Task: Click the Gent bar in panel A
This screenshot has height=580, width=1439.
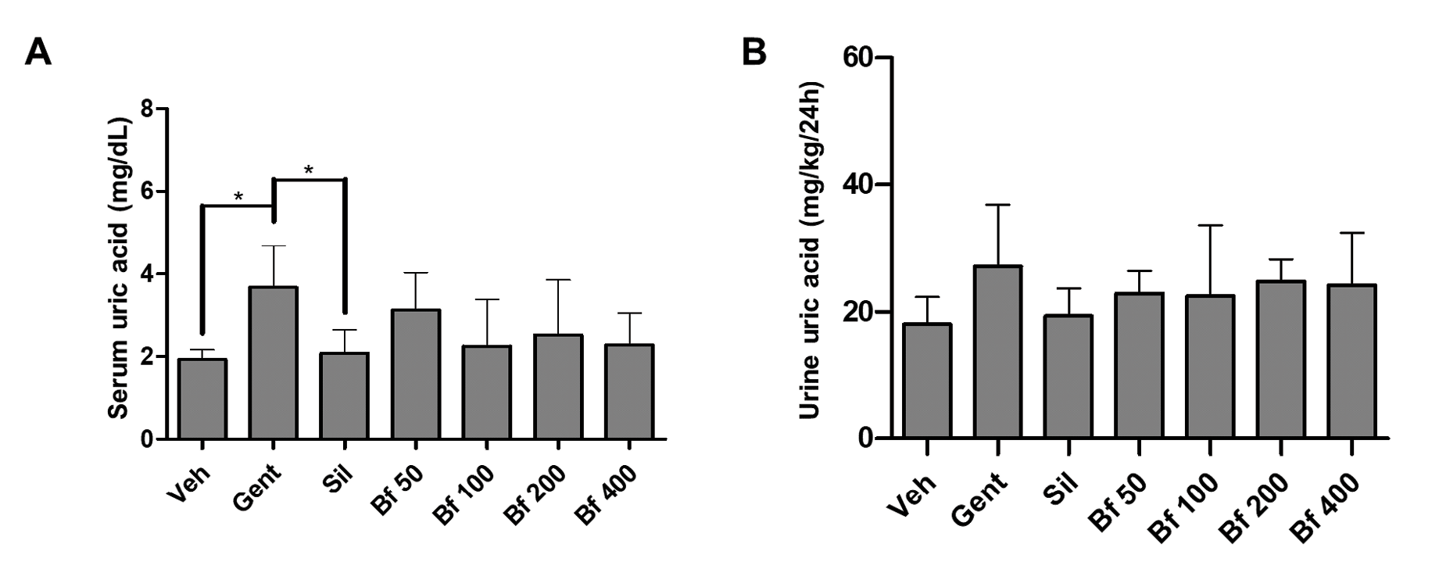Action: click(273, 363)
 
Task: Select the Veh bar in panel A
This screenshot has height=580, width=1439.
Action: click(202, 399)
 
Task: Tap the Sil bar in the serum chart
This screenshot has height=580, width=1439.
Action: click(344, 396)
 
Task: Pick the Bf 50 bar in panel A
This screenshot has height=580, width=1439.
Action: click(416, 374)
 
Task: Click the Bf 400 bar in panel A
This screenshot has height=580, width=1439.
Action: click(629, 392)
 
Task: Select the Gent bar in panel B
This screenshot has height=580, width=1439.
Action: click(997, 352)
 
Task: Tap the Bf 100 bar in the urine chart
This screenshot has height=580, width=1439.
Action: click(1209, 367)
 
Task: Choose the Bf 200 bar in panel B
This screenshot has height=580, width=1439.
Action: click(1280, 360)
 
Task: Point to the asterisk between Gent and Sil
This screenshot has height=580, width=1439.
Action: click(309, 170)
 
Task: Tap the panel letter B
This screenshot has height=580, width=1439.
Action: click(754, 52)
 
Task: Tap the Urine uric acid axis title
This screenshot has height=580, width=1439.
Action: click(811, 250)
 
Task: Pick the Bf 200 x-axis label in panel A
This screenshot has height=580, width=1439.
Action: click(535, 496)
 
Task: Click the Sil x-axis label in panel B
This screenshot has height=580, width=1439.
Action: click(1061, 495)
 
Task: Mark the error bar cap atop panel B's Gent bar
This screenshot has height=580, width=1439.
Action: click(997, 205)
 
